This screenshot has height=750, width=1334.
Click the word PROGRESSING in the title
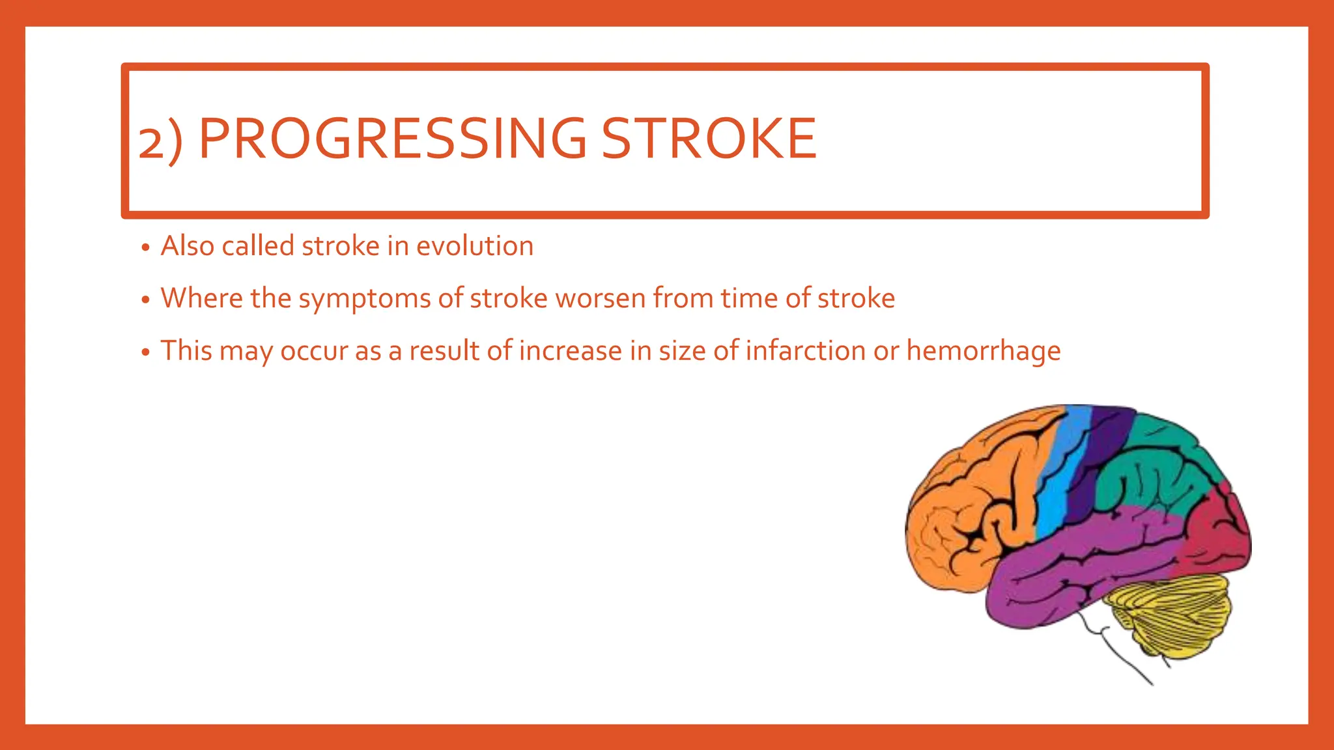(x=392, y=139)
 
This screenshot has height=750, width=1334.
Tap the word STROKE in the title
(x=708, y=139)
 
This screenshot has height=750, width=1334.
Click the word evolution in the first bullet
(x=475, y=247)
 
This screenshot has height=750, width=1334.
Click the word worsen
(x=600, y=299)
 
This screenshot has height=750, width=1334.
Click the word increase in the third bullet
(x=571, y=351)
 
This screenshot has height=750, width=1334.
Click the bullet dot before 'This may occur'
(x=146, y=353)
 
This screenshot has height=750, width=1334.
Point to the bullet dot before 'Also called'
(x=146, y=248)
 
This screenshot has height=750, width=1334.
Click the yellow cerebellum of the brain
(x=1172, y=612)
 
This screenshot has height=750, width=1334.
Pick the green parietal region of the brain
(x=1159, y=469)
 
